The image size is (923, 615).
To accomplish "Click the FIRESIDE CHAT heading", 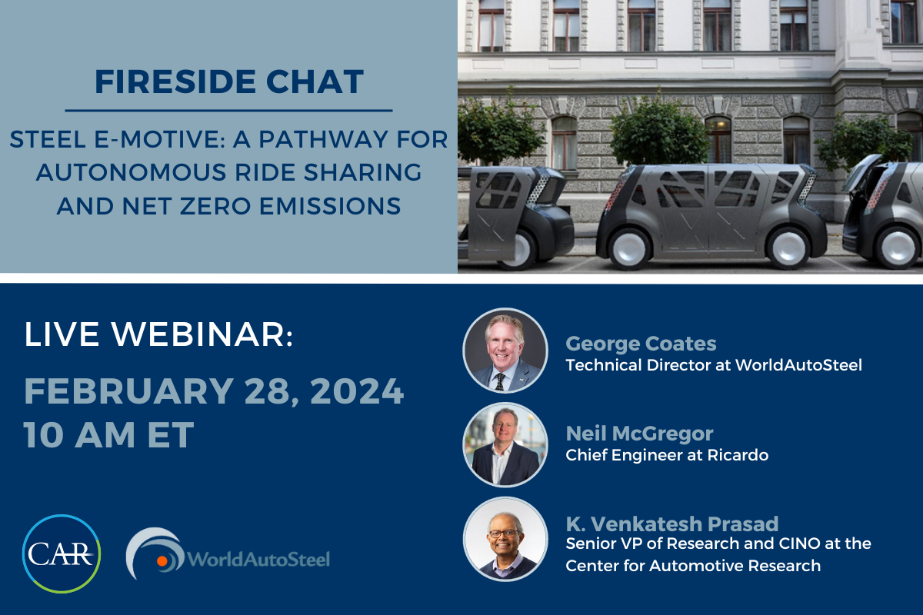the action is coord(229,81).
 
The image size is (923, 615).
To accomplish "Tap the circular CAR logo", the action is coord(62,553).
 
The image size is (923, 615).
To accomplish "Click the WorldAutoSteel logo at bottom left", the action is coord(228,553).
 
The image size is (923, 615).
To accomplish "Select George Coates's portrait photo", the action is coord(505,350).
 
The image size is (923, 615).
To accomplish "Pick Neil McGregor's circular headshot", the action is coord(505,444).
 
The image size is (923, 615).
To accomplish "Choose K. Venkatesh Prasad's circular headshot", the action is coord(505,539).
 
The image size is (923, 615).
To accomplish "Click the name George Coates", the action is coord(641,344).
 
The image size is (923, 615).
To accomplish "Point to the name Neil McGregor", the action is coord(639,434).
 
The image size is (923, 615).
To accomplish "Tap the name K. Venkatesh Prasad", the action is coord(672,524).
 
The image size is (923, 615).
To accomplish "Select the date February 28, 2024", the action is coord(214,391).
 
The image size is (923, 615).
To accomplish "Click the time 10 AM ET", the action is coord(108,434).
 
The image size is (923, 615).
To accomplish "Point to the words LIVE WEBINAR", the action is coord(158,334).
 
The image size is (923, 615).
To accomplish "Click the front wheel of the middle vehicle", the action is coord(788,248).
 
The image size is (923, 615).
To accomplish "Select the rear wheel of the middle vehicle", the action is coord(629,248).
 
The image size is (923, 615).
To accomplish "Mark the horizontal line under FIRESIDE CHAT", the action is coord(228,111).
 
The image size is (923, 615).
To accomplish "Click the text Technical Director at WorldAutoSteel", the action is coord(714,365).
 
